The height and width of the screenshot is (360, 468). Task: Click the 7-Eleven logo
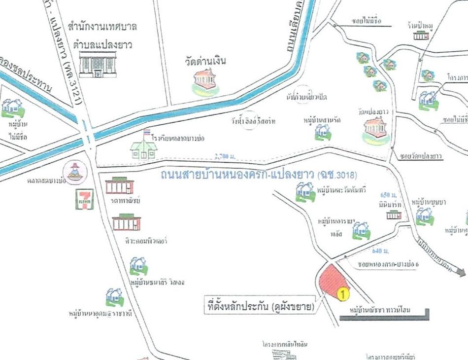(x=84, y=199)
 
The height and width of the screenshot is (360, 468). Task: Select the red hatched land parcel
(x=332, y=280)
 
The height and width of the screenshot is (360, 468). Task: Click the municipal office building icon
(x=98, y=64)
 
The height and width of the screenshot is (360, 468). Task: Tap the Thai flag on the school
(x=147, y=133)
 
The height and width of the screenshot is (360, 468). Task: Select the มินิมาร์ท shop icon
(x=394, y=215)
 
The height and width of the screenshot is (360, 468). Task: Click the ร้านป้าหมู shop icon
(x=420, y=35)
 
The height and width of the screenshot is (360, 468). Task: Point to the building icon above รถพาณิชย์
(x=119, y=186)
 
